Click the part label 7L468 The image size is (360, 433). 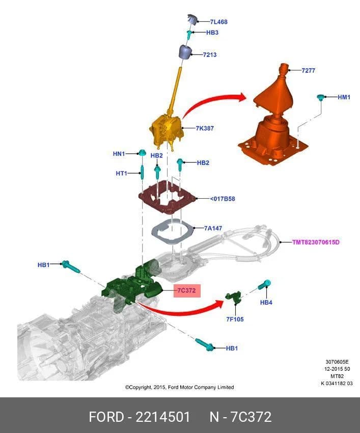(x=218, y=22)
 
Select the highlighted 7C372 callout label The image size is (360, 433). (x=187, y=290)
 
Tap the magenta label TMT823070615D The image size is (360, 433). (x=316, y=242)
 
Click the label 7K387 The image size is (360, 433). (x=205, y=128)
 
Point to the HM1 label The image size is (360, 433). (x=344, y=97)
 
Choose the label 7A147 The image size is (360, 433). (x=213, y=228)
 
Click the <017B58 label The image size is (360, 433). (x=222, y=199)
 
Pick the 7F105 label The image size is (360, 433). (x=235, y=319)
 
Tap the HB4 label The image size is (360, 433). (x=266, y=303)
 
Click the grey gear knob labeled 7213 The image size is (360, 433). (x=185, y=51)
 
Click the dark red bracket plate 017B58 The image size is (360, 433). (x=168, y=197)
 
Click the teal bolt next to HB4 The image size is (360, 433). (x=264, y=284)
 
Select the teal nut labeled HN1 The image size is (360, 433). (x=142, y=153)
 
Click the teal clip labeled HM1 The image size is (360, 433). (x=320, y=97)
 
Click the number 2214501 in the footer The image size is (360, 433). (x=163, y=417)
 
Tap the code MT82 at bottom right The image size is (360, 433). (x=337, y=376)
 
